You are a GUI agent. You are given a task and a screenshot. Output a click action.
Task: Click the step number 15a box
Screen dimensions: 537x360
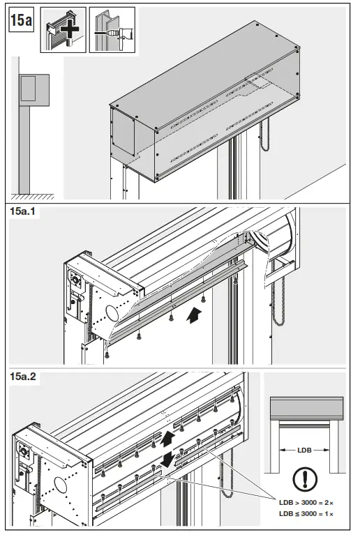coord(21,21)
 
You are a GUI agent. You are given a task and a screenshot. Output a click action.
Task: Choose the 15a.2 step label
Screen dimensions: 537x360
coord(24,378)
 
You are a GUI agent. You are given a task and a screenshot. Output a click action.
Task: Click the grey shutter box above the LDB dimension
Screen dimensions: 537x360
coord(306,408)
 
